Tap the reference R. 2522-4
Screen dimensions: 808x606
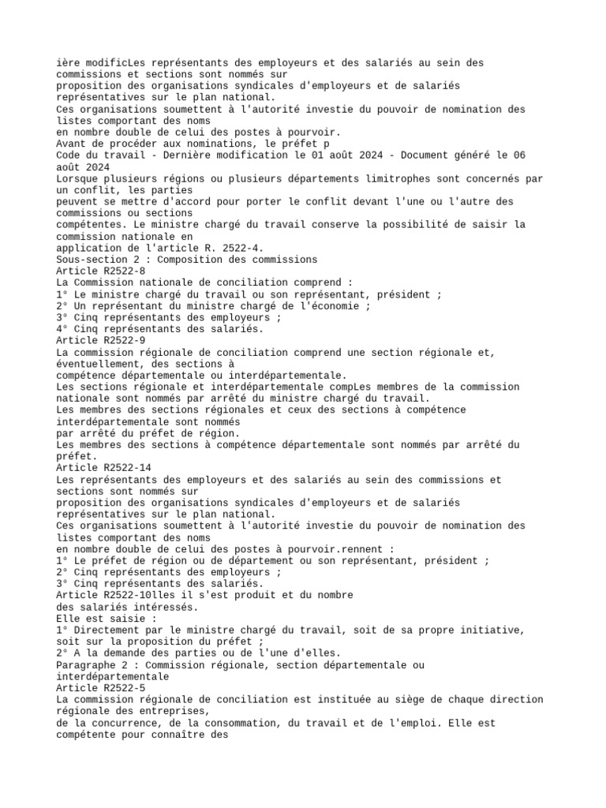(225, 248)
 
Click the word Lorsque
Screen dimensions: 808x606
(78, 178)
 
